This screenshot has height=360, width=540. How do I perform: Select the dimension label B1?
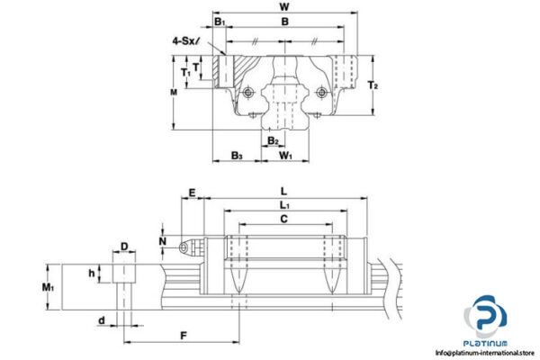[x=219, y=21]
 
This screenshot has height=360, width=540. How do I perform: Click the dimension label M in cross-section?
[x=173, y=91]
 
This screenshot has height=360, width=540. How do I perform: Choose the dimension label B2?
[x=273, y=140]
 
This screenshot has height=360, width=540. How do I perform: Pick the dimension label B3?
[x=237, y=156]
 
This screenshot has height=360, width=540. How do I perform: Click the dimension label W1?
[x=286, y=156]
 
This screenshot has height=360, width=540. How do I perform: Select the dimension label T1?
[x=185, y=72]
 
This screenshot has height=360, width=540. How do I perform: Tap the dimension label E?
[x=191, y=193]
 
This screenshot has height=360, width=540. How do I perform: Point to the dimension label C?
[x=284, y=219]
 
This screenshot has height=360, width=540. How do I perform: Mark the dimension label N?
[x=162, y=240]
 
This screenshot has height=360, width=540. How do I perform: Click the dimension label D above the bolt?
[x=126, y=246]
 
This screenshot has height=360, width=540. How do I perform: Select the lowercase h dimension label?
[x=91, y=273]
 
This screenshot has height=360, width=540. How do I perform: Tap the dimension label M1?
[x=49, y=287]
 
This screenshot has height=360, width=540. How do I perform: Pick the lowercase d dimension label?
[x=102, y=319]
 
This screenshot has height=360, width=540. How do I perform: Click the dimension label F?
[x=183, y=336]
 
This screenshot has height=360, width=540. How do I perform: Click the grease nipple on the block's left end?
[x=185, y=247]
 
